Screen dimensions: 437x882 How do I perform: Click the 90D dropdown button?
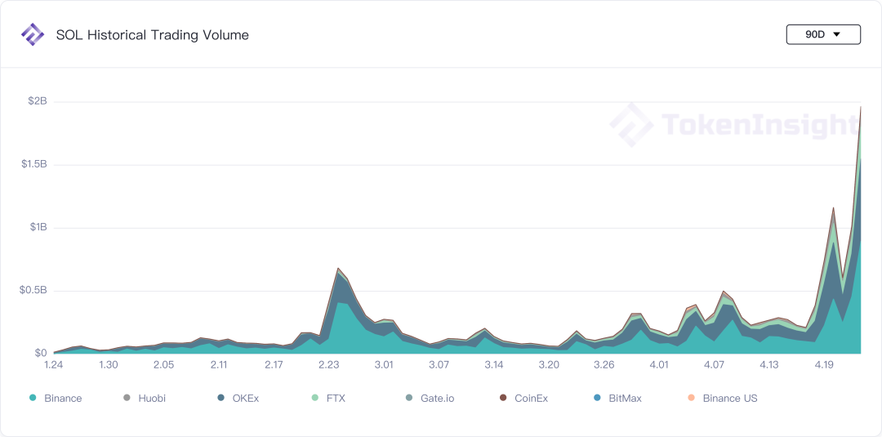[822, 34]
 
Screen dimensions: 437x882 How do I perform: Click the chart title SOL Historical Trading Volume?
[153, 35]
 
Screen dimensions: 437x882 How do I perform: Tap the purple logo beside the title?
[33, 34]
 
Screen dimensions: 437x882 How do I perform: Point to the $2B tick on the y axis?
[38, 101]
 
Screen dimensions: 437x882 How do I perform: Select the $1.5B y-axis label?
[34, 164]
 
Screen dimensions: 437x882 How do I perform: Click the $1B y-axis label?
[38, 227]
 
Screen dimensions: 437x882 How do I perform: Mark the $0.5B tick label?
[34, 290]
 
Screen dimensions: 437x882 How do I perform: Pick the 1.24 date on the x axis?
[54, 365]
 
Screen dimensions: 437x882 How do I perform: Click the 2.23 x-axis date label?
[329, 365]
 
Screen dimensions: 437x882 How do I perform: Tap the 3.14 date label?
[493, 365]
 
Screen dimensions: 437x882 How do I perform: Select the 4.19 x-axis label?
[824, 365]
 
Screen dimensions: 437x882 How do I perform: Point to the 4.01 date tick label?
[659, 365]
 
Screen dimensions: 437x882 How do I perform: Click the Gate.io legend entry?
[430, 399]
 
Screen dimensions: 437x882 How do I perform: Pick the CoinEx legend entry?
[524, 399]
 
